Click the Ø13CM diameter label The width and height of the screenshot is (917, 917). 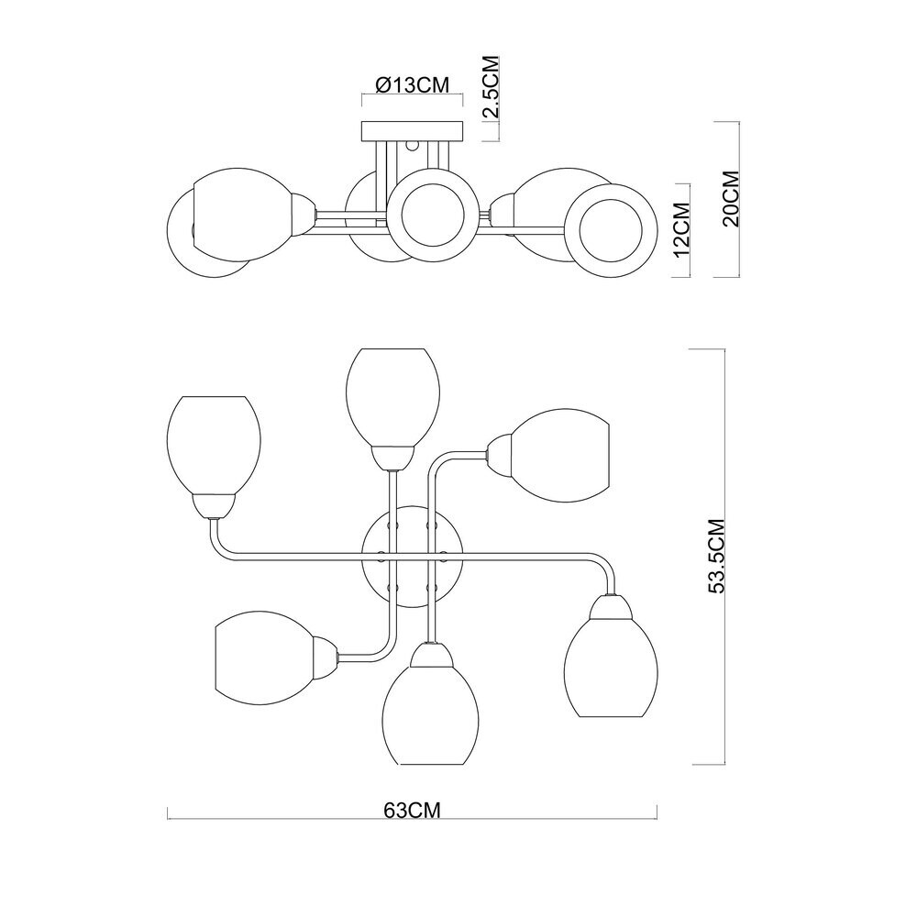pos(412,84)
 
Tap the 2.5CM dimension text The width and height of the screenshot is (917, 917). pos(491,87)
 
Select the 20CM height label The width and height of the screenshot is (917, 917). pos(731,198)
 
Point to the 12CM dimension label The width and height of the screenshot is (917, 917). pos(682,230)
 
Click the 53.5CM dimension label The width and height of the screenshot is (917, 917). pos(716,557)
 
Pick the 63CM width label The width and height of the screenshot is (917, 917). pos(412,811)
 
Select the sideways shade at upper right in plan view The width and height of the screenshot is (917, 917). pos(560,456)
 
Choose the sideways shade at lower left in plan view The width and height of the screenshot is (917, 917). pos(266,658)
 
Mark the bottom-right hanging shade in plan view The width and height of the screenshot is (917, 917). pos(611,668)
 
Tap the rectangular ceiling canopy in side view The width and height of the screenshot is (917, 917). pos(413,131)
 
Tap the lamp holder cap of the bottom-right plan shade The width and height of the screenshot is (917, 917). pos(611,607)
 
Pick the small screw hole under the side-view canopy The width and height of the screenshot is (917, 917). pos(412,145)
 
